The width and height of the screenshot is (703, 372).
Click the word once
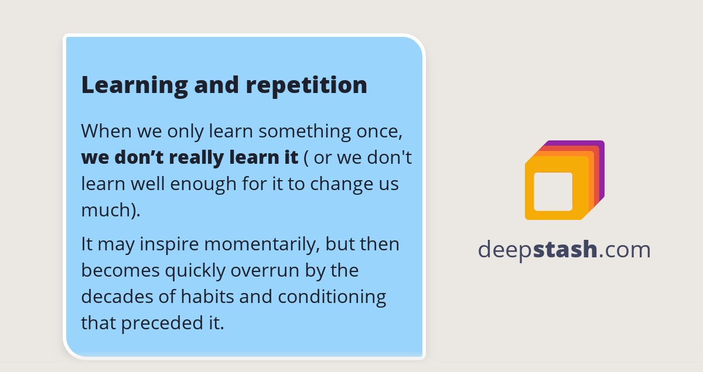[x=379, y=130]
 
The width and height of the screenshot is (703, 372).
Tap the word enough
[x=203, y=184]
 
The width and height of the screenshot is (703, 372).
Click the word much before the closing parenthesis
[x=106, y=210]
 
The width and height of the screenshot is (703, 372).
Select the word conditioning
[x=332, y=297]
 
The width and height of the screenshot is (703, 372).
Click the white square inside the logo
[x=553, y=191]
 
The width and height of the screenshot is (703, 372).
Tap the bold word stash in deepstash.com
[x=565, y=250]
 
